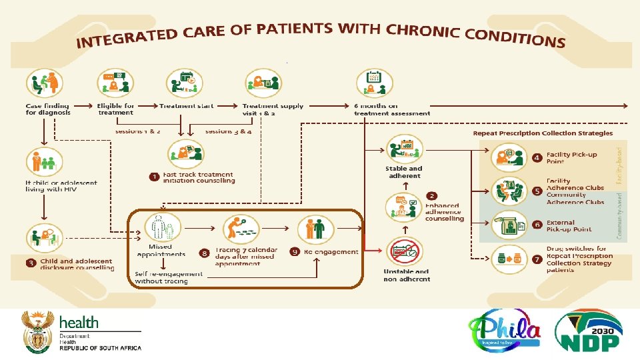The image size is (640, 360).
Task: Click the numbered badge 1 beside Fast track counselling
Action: tap(154, 177)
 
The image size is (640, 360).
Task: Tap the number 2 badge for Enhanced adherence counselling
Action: tap(432, 196)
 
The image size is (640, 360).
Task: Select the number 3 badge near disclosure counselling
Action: tap(31, 262)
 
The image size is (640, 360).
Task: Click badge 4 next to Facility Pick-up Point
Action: tap(537, 158)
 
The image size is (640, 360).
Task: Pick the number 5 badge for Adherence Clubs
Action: tap(537, 191)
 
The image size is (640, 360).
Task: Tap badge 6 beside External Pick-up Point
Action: tap(537, 225)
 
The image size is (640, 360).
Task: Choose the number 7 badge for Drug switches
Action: tap(537, 258)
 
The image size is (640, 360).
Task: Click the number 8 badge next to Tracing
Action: tap(205, 253)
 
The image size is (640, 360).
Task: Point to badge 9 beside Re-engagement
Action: tap(295, 252)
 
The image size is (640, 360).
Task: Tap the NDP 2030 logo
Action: tap(589, 331)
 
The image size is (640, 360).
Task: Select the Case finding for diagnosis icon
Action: tap(43, 85)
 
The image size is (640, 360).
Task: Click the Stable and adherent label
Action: tap(404, 172)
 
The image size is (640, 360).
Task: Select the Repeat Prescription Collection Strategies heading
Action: tap(543, 133)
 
